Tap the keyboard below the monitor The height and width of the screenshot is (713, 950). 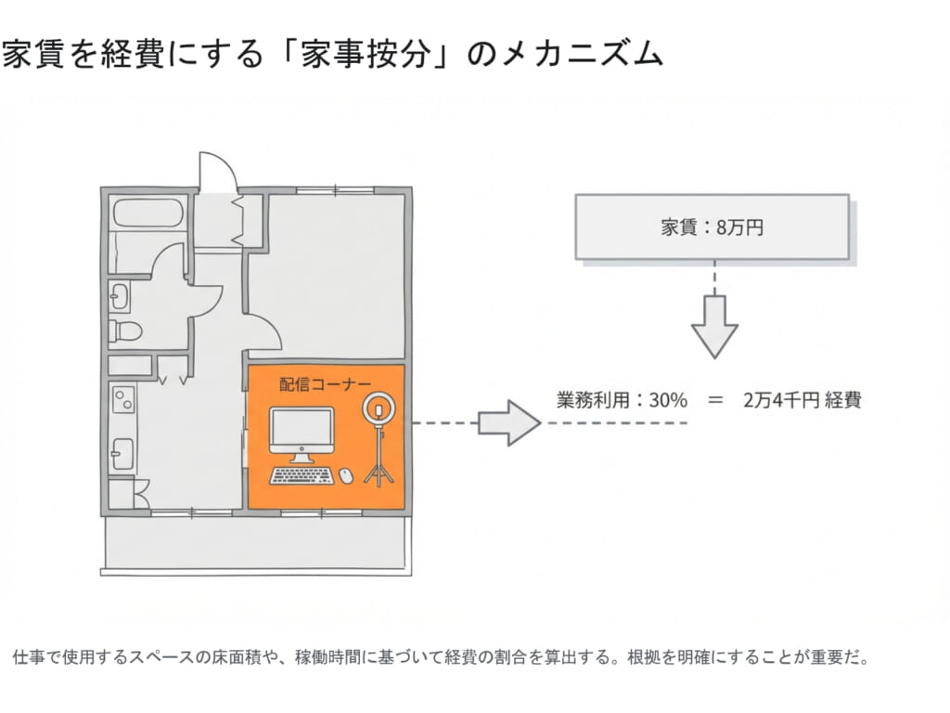click(302, 476)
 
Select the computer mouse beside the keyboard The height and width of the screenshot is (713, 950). click(346, 476)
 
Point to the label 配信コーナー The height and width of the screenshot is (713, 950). click(325, 383)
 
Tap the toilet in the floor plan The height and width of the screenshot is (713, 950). click(124, 330)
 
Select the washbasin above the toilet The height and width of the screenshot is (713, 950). click(121, 297)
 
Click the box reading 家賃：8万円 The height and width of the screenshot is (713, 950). click(712, 227)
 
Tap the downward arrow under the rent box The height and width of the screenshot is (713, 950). click(714, 326)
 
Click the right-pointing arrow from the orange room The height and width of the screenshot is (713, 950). click(508, 423)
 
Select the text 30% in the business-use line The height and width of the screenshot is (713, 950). click(668, 401)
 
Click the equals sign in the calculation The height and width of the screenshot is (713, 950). click(714, 401)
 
